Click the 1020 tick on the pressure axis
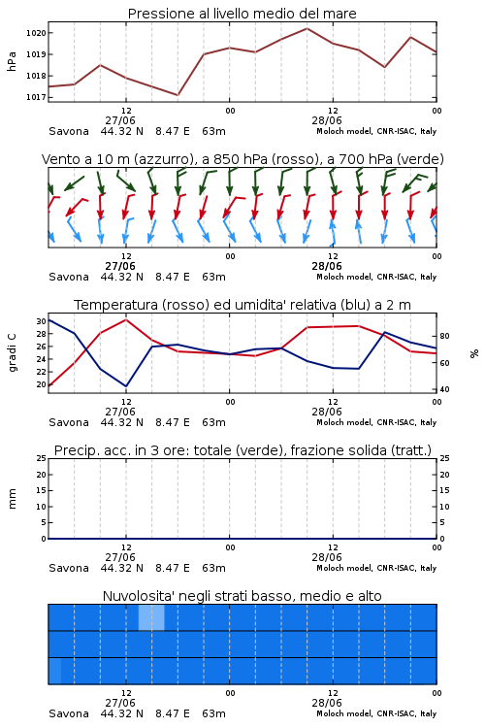pos(36,33)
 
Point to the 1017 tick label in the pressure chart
pos(36,97)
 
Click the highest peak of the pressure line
pos(307,28)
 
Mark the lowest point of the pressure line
pos(178,95)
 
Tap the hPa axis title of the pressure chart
pos(12,61)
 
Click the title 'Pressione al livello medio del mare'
pos(242,14)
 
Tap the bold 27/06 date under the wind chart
pos(120,266)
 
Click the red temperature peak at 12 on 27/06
pos(126,319)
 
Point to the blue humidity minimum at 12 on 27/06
pos(126,386)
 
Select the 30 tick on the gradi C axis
pos(41,321)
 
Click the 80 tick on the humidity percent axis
pos(444,336)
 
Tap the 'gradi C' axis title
pos(13,353)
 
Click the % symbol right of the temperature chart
pos(474,353)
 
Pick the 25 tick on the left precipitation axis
pos(42,458)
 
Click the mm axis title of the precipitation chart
pos(12,498)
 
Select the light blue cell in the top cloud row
pos(151,617)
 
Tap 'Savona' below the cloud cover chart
pos(69,713)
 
